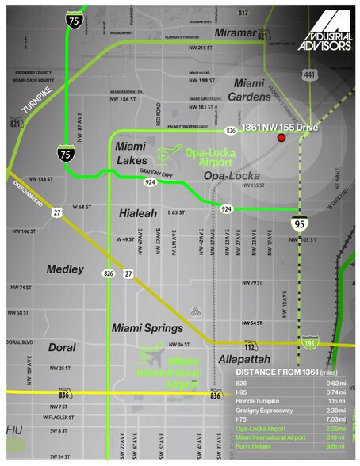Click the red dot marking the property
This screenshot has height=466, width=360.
281,139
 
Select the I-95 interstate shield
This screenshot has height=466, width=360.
299,223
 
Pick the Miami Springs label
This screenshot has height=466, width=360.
147,327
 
